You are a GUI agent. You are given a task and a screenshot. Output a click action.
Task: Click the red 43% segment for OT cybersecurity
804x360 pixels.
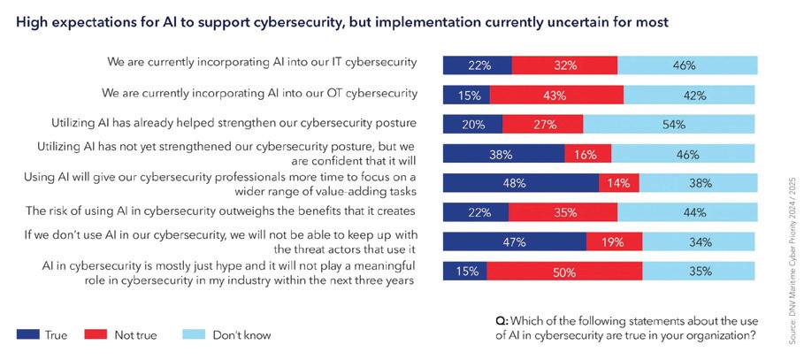[x=556, y=95]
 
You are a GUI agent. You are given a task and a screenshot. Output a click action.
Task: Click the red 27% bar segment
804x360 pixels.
[x=538, y=124]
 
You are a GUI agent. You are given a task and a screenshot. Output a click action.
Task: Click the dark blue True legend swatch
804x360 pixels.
[x=27, y=335]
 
